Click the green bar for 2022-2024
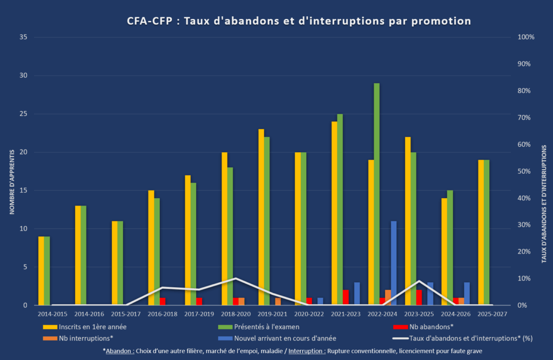(376, 194)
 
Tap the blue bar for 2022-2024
(394, 263)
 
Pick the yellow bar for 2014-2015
(41, 270)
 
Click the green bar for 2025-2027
(487, 232)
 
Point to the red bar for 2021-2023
(346, 297)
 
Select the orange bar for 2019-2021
(278, 301)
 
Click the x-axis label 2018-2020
(235, 314)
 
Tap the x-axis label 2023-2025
(419, 314)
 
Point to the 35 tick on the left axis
(23, 37)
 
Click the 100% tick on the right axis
(525, 37)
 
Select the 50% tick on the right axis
(525, 171)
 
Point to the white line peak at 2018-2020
(235, 279)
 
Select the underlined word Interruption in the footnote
(306, 351)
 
